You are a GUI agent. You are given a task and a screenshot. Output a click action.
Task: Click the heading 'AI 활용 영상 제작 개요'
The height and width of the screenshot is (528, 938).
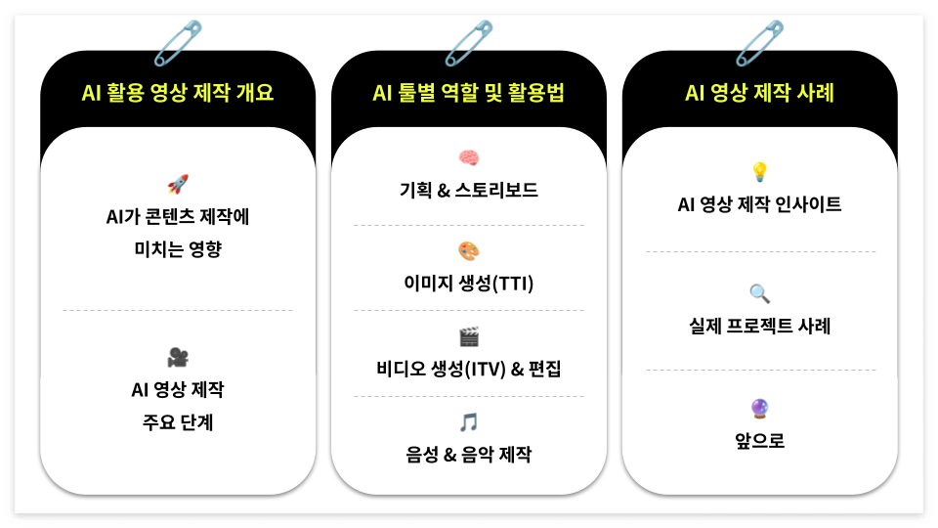click(x=178, y=94)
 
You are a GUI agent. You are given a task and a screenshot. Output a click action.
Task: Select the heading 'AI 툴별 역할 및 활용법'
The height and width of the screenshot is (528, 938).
click(x=469, y=94)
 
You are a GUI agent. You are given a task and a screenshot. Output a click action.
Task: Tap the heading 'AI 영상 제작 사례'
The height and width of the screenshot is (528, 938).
click(x=759, y=94)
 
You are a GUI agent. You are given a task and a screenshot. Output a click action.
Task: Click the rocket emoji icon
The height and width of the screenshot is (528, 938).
click(x=178, y=184)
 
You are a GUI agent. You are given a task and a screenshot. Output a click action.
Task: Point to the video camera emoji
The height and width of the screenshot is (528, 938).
click(x=178, y=357)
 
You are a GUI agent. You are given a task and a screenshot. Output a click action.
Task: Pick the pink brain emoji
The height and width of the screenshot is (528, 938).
click(x=469, y=157)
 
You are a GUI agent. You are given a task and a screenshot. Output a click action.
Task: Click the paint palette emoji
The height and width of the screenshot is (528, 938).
click(x=469, y=251)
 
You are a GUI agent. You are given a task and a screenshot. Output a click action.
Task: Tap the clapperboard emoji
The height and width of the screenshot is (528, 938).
click(x=469, y=337)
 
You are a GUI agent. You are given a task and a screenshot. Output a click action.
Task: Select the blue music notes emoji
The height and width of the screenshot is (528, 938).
click(x=469, y=422)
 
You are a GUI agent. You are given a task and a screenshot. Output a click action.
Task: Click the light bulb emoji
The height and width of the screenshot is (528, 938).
click(x=759, y=173)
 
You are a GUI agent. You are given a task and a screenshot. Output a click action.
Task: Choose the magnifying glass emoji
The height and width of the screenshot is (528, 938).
click(x=759, y=292)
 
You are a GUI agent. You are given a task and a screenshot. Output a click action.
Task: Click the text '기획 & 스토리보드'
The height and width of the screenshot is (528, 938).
click(x=469, y=190)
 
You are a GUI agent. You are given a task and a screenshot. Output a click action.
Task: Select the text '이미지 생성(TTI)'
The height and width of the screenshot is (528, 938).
click(x=469, y=284)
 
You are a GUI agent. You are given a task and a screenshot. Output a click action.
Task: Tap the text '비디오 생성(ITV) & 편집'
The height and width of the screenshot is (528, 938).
click(x=469, y=369)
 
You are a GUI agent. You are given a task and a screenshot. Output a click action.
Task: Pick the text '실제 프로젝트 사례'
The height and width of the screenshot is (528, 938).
click(x=759, y=326)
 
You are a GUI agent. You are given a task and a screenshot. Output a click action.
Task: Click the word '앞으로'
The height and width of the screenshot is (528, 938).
click(x=759, y=441)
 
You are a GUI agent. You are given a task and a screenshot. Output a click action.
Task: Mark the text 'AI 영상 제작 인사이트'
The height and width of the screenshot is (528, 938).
click(x=759, y=205)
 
